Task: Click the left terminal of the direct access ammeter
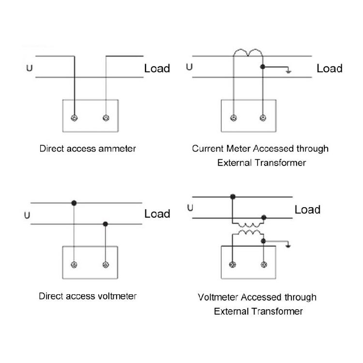[74, 118]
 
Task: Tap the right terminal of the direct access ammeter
[106, 118]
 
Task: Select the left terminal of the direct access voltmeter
[74, 265]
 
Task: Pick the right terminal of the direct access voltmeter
[106, 265]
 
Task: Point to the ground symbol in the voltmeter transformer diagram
[288, 245]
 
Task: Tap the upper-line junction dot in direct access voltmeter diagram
[74, 203]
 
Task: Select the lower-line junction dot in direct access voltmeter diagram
[106, 224]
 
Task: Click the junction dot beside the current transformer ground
[262, 67]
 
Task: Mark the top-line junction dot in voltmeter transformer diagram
[233, 197]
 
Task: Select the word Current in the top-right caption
[208, 149]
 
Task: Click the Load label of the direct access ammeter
[157, 68]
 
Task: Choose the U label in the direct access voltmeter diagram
[27, 215]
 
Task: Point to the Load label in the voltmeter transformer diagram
[307, 210]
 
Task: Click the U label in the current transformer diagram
[189, 67]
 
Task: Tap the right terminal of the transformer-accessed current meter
[263, 118]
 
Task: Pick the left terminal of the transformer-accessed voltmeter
[232, 264]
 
